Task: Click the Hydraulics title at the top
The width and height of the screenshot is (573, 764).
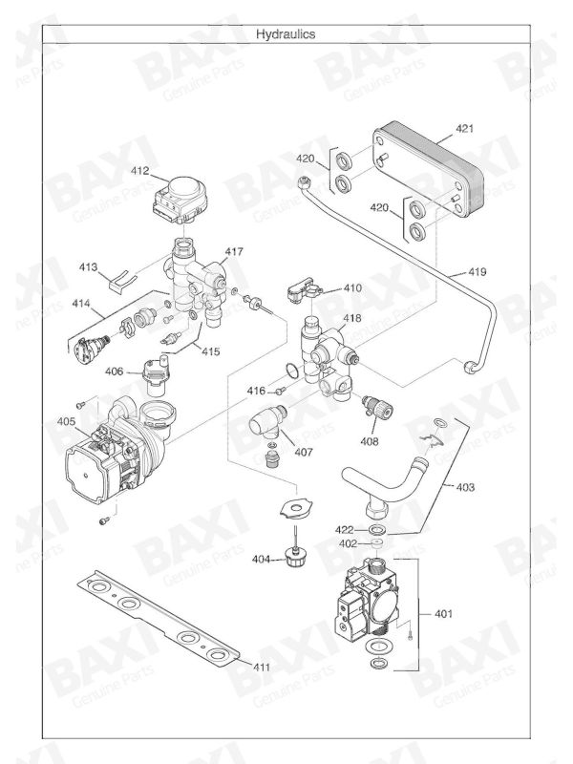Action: point(286,33)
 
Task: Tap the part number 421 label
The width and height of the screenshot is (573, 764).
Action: point(465,128)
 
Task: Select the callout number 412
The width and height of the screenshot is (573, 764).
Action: point(140,172)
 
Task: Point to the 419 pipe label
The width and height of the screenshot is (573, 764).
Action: point(477,272)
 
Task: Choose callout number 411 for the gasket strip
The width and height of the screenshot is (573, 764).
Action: point(261,665)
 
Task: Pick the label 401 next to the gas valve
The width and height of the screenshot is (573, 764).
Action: point(443,612)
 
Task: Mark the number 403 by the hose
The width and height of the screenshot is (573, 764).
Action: point(465,487)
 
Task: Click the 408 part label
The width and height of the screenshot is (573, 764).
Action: point(369,441)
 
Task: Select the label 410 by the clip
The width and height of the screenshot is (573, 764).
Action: point(353,287)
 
